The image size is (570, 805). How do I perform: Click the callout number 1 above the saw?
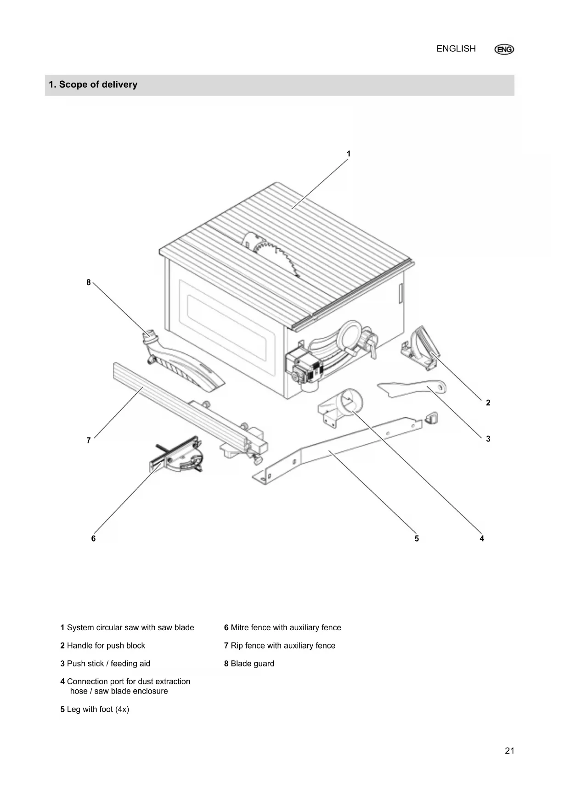click(x=349, y=154)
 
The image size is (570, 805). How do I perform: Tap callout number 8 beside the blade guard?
click(x=89, y=283)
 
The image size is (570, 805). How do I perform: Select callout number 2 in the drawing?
click(x=488, y=403)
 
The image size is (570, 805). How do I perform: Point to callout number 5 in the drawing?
click(x=417, y=539)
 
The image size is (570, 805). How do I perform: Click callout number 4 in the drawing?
click(x=482, y=539)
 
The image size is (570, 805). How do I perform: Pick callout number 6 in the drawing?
click(x=93, y=539)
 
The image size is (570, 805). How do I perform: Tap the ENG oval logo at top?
click(x=504, y=50)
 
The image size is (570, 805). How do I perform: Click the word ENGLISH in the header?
click(x=456, y=49)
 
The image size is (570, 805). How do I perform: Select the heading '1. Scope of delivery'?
click(x=93, y=85)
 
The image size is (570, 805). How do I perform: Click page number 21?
click(x=509, y=751)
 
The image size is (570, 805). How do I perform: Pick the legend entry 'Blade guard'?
click(x=252, y=664)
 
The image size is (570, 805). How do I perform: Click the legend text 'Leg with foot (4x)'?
click(x=98, y=710)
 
